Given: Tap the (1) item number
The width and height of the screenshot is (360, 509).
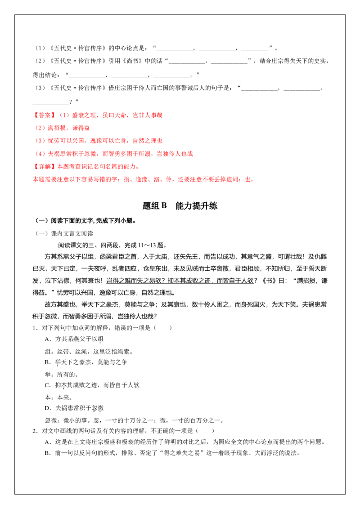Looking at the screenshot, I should pyautogui.click(x=65, y=115).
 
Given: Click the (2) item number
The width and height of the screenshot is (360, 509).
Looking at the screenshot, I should pyautogui.click(x=40, y=128).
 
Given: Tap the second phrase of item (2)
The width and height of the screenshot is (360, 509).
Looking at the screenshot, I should pyautogui.click(x=81, y=128).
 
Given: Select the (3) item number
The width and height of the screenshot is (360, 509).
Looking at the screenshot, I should pyautogui.click(x=40, y=141).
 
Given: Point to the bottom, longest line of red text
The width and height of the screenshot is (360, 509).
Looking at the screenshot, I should pyautogui.click(x=144, y=180).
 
